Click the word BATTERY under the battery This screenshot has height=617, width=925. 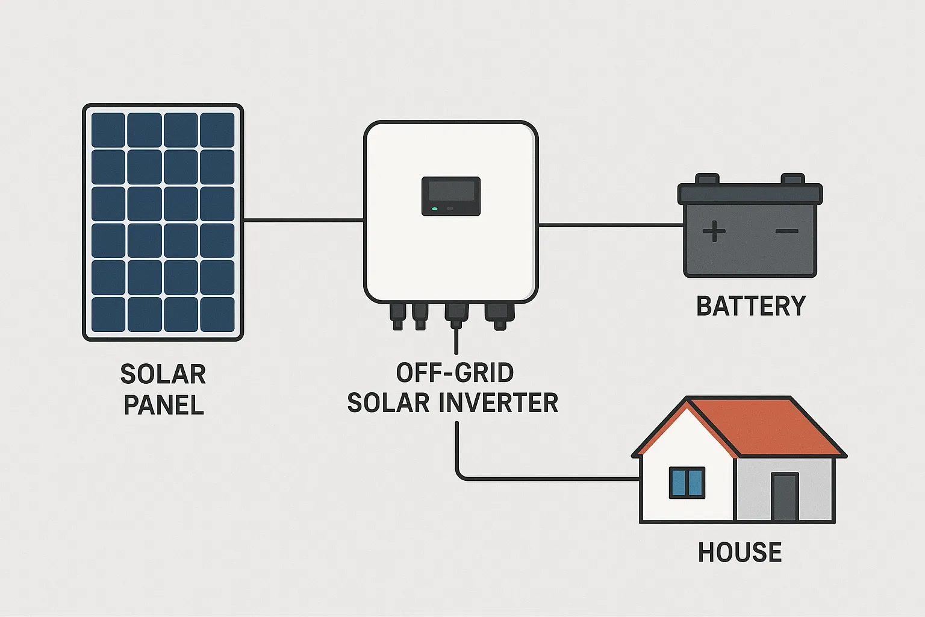tap(750, 306)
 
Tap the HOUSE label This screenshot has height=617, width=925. tap(740, 553)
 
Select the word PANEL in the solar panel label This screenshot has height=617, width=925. tap(164, 405)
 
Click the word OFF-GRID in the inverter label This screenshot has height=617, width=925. tap(455, 373)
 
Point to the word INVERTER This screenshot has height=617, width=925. tap(498, 403)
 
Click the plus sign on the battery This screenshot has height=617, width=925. tap(714, 231)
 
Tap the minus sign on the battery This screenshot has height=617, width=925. tap(786, 231)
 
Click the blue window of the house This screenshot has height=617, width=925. tap(687, 483)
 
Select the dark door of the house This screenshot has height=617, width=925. tap(785, 497)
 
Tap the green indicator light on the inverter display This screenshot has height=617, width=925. tap(434, 209)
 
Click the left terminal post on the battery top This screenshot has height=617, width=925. tap(707, 179)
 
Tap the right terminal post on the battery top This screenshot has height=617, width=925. tap(793, 179)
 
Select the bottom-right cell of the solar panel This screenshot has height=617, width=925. tap(217, 314)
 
